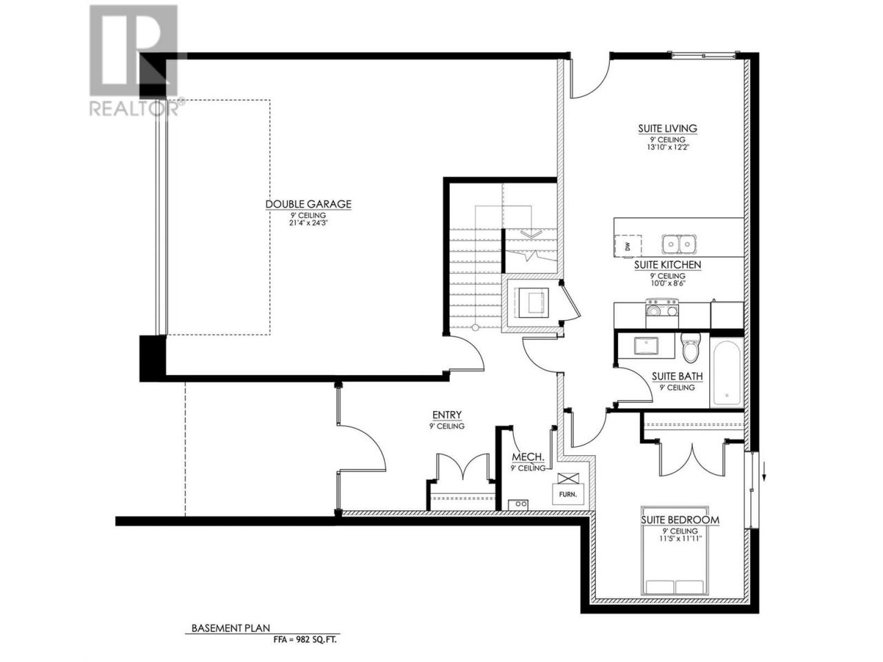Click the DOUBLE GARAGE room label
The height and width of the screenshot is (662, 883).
[x=308, y=204]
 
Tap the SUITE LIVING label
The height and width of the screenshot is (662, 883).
[x=667, y=129]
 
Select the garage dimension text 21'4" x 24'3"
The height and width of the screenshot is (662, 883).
[x=308, y=223]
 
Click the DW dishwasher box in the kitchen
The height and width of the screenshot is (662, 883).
[x=628, y=246]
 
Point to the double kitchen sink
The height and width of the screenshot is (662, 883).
[x=679, y=244]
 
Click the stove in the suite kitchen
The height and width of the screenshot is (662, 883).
[x=662, y=312]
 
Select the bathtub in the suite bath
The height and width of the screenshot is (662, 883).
[x=726, y=372]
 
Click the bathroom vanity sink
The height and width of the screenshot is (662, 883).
[x=646, y=346]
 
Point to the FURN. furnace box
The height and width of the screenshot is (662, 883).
[x=568, y=494]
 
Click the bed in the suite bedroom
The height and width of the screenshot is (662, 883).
[x=675, y=556]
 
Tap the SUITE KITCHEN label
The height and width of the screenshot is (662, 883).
[x=667, y=265]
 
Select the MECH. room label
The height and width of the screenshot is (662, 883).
[x=528, y=457]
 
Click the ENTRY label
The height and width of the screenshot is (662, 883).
[x=446, y=414]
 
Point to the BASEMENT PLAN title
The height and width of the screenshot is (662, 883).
[x=231, y=628]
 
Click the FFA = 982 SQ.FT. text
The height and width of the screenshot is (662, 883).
[x=304, y=639]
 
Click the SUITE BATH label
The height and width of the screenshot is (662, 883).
[x=677, y=377]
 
